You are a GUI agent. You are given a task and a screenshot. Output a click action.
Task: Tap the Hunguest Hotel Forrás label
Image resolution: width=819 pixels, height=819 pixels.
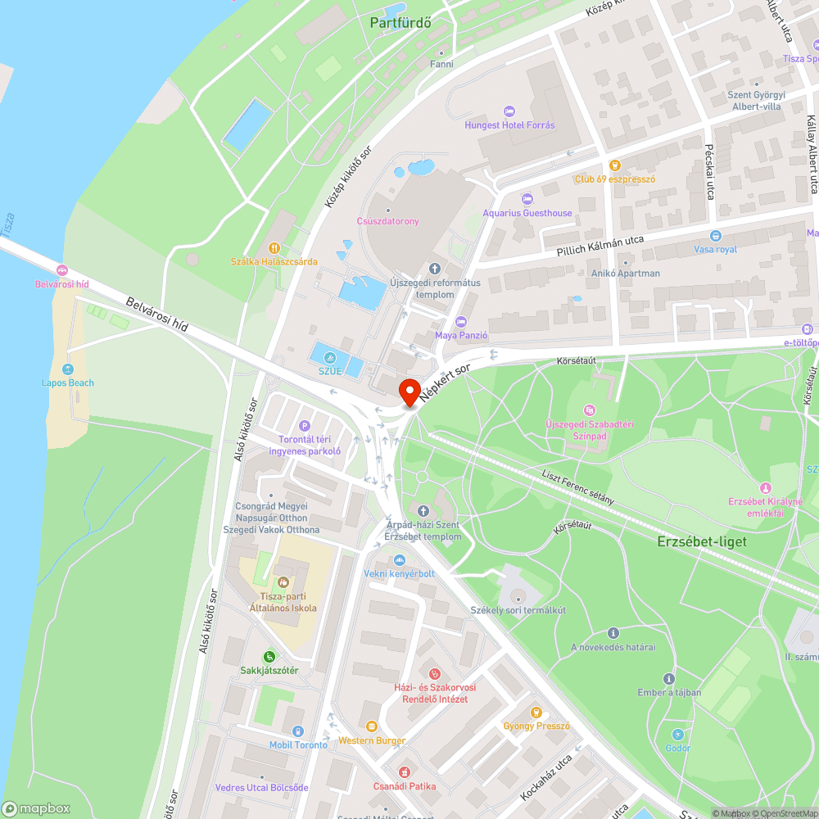[509, 125]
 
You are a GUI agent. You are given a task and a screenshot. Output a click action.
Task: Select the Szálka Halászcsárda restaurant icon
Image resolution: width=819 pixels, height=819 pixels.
[274, 247]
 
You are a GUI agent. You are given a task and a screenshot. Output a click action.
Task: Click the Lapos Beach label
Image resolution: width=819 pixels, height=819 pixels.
[68, 382]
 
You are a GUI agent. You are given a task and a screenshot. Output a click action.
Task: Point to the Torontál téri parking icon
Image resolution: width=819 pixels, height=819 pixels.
[305, 425]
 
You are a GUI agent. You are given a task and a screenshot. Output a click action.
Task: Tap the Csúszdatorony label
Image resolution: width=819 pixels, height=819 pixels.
[387, 221]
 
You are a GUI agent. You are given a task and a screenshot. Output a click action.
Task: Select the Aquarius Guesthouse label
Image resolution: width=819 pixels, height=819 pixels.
[527, 213]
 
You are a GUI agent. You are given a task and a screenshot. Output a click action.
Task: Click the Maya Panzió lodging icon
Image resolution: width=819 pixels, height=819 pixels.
[461, 321]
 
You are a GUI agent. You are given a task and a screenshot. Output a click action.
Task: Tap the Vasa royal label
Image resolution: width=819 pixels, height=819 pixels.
[715, 249]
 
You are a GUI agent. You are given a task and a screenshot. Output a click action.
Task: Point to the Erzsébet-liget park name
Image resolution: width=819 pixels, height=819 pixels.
[702, 541]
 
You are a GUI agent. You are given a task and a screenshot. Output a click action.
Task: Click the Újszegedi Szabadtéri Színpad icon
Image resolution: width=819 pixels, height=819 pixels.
[589, 409]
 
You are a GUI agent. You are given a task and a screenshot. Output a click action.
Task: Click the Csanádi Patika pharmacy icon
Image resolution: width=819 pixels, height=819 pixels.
[403, 772]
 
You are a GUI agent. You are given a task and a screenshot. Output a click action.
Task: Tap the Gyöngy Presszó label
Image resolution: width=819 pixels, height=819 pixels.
[536, 726]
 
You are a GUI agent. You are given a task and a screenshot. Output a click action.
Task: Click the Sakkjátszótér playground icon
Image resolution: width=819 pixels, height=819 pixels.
[269, 656]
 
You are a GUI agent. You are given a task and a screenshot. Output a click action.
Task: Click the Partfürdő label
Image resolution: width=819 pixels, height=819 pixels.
[400, 23]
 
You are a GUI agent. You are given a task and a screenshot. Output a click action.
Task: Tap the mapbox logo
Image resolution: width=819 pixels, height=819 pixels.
[36, 808]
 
